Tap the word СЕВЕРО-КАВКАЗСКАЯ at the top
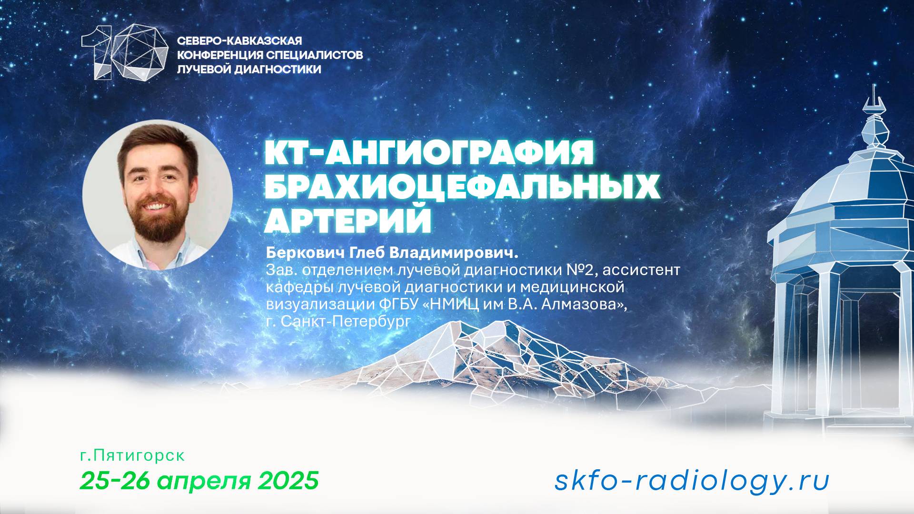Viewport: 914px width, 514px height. pos(239,41)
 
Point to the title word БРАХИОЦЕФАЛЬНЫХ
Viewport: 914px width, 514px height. pos(462,188)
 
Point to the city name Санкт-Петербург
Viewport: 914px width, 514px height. pos(345,321)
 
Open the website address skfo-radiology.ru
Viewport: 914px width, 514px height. pos(692,481)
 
